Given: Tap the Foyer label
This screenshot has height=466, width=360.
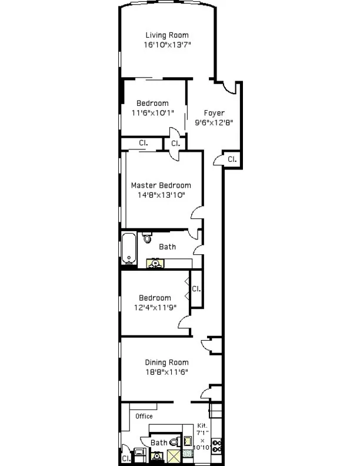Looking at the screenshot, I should pyautogui.click(x=214, y=113).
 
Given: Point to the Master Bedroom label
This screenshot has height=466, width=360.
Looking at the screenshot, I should pyautogui.click(x=161, y=185).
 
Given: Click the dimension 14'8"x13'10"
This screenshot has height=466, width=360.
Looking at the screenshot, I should pyautogui.click(x=161, y=195).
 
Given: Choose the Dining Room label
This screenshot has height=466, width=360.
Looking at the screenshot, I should pyautogui.click(x=166, y=362).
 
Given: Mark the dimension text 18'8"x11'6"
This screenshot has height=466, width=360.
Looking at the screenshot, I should pyautogui.click(x=166, y=372).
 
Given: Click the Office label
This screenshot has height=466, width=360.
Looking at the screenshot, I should pyautogui.click(x=144, y=417).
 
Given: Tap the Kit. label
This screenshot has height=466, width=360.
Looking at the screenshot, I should pyautogui.click(x=202, y=425).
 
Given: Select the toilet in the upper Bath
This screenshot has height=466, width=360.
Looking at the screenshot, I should pyautogui.click(x=147, y=238).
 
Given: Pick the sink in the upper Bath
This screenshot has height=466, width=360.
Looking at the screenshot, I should pyautogui.click(x=155, y=264).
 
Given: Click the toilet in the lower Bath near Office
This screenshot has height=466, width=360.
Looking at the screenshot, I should pyautogui.click(x=175, y=442).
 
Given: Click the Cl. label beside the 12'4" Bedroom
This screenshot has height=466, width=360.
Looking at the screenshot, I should pyautogui.click(x=196, y=289).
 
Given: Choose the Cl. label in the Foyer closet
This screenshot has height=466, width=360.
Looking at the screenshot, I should pyautogui.click(x=232, y=159).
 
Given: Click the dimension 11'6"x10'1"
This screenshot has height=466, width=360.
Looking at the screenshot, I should pyautogui.click(x=152, y=114).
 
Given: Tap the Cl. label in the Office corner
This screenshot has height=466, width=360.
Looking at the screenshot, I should pyautogui.click(x=126, y=458).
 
